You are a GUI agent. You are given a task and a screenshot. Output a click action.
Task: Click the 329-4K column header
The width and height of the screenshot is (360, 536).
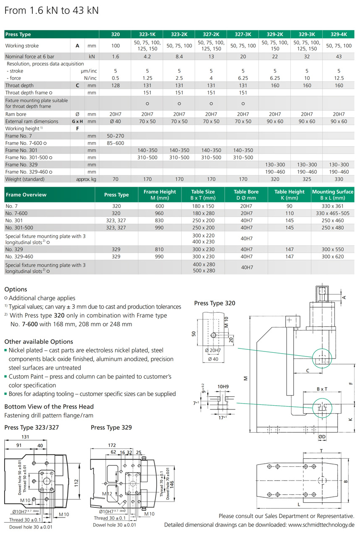pos(339,34)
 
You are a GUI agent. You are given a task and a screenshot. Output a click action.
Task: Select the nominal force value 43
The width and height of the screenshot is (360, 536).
pos(339,56)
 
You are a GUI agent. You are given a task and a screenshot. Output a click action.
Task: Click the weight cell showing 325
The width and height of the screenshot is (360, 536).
pos(307,179)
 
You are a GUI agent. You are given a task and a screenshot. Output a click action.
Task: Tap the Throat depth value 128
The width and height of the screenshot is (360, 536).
pos(116,85)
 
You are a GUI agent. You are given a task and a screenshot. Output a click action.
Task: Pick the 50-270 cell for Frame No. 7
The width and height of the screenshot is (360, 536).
pos(116,136)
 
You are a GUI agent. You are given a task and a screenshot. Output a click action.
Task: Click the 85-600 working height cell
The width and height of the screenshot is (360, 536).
pos(116,143)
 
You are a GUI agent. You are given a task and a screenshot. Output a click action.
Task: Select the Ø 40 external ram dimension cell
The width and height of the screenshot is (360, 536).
pos(116,121)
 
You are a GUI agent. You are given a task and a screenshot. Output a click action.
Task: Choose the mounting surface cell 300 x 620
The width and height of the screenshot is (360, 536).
pos(333,256)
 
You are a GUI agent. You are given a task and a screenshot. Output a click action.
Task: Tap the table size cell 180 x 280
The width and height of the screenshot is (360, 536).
pos(203,213)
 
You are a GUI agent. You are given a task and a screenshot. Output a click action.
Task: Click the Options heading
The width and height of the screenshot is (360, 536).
pos(16,289)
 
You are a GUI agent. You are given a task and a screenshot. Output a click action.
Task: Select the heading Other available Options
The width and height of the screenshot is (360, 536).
pos(39,342)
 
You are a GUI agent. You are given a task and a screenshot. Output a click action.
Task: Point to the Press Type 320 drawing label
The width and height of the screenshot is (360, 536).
pos(215,303)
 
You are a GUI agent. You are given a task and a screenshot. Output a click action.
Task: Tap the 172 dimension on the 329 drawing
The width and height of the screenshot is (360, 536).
pos(112,445)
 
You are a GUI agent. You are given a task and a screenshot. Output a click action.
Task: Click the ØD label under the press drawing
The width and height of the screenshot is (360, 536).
pos(322,437)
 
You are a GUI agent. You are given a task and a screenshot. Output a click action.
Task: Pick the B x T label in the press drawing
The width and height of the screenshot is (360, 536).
pos(321,389)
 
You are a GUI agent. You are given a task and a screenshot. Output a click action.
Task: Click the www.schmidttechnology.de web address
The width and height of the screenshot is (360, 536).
pos(321,525)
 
